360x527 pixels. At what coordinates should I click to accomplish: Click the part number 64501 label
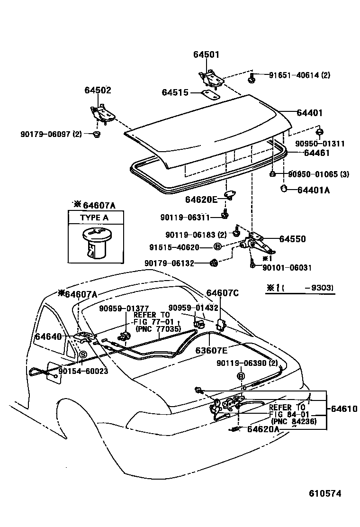point(206,55)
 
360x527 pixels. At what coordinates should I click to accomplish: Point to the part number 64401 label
point(309,113)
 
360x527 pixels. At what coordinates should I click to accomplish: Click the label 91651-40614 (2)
point(299,75)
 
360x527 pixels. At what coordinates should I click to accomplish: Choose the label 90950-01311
point(320,144)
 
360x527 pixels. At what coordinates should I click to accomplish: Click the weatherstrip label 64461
point(316,153)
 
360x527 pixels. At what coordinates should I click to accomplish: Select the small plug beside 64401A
point(284,189)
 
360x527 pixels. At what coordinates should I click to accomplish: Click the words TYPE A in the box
point(94,218)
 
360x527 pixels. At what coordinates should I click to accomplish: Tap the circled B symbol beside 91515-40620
point(217,247)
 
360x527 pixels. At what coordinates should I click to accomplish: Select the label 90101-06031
point(287,268)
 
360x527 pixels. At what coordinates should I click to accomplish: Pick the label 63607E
point(212,351)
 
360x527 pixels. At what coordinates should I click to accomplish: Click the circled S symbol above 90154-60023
point(82,354)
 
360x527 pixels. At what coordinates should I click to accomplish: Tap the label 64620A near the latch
point(263,429)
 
